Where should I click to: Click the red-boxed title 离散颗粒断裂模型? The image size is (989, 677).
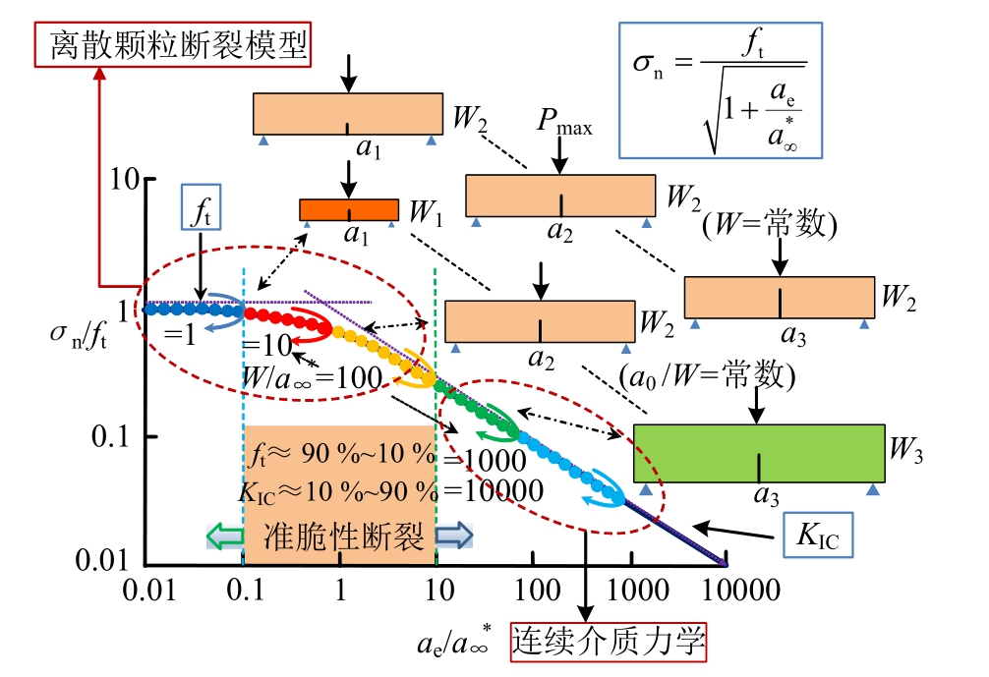tap(172, 43)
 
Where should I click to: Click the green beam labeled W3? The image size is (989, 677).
tap(758, 453)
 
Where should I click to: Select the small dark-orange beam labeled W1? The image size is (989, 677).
tap(349, 209)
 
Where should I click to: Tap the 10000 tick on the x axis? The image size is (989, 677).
tap(727, 591)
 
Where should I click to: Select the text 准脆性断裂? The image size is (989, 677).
tap(344, 536)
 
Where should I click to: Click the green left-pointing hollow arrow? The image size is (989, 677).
tap(224, 536)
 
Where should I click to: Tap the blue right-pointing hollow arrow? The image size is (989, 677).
tap(454, 536)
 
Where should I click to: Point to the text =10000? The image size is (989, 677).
tap(494, 488)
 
